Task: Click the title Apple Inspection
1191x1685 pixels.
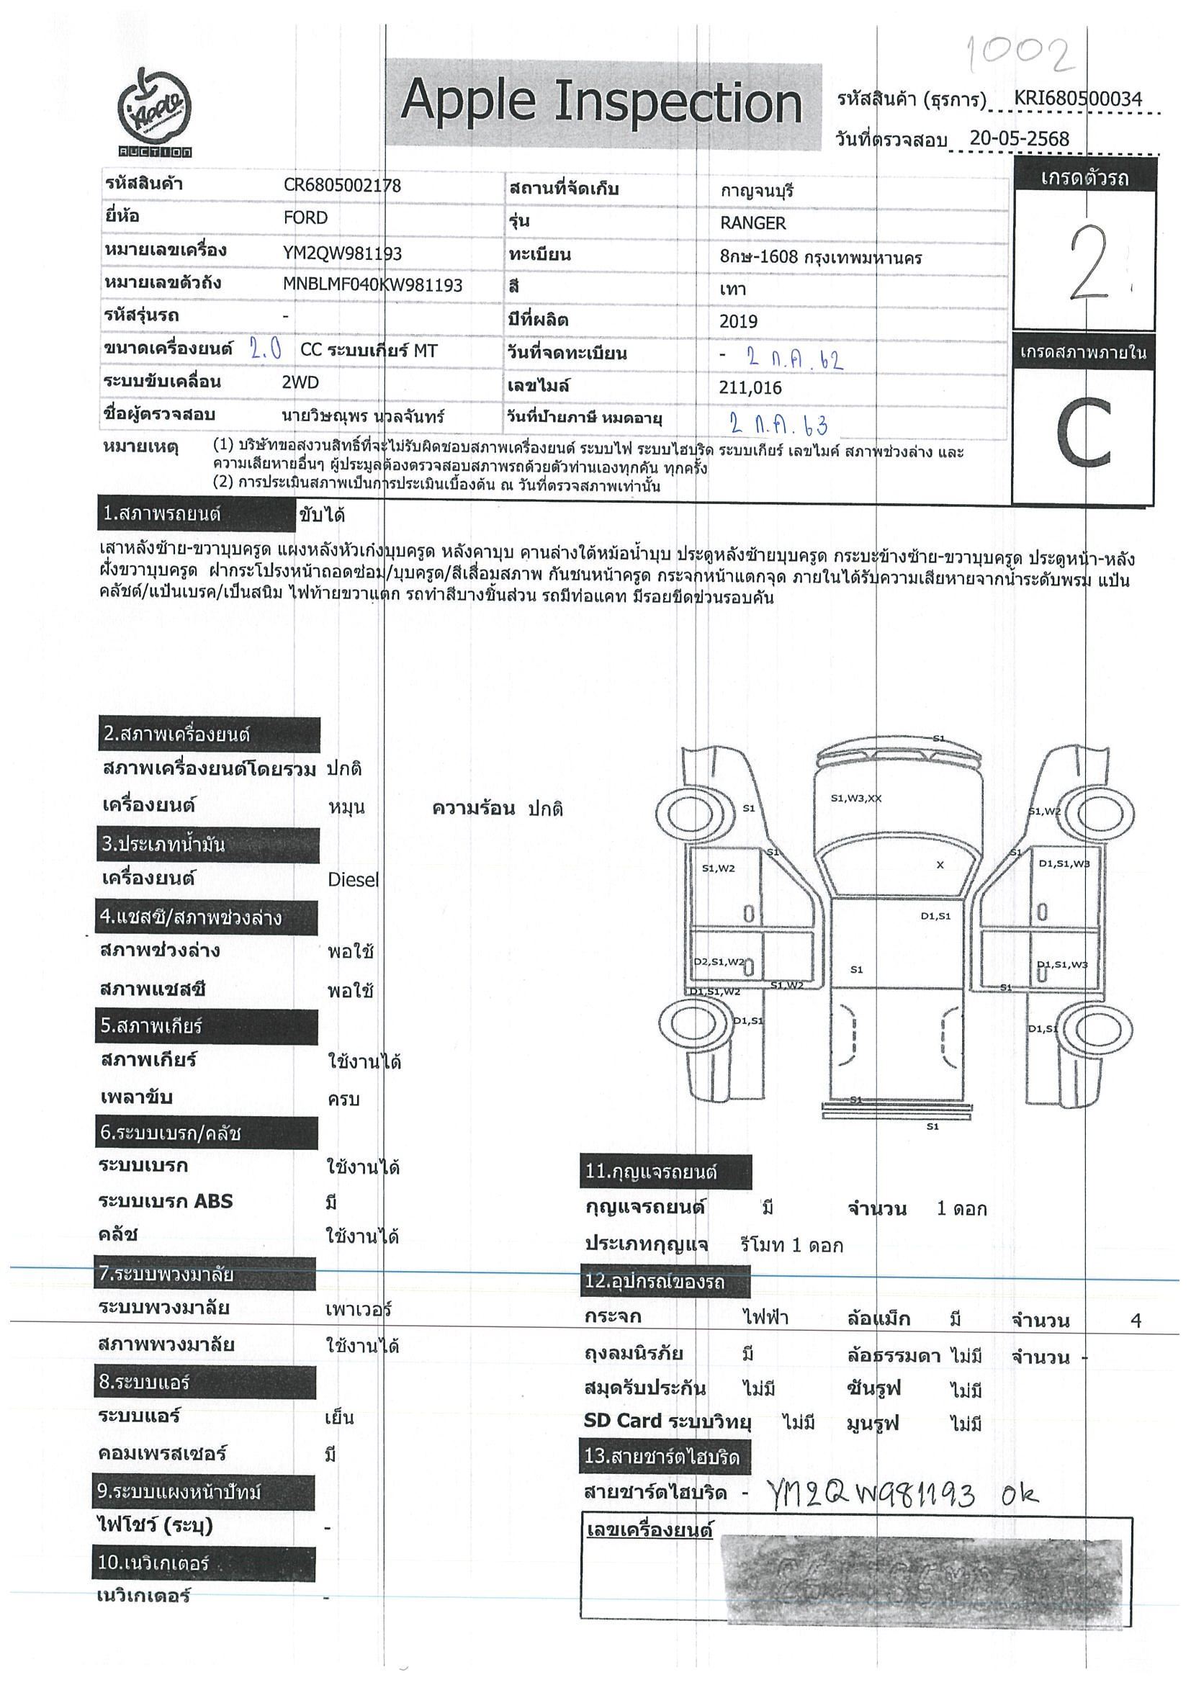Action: (601, 102)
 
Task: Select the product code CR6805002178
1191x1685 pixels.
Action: (342, 186)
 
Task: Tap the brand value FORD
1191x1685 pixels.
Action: (305, 218)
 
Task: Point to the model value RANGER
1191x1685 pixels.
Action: (752, 223)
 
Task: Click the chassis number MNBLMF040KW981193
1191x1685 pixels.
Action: (373, 285)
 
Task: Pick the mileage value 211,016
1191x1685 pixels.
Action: (750, 387)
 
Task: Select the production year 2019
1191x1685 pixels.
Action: (738, 321)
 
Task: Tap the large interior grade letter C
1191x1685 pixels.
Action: (1084, 433)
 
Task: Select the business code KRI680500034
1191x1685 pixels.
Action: (1078, 99)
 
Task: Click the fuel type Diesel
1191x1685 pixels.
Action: (353, 879)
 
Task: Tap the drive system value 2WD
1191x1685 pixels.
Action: (300, 382)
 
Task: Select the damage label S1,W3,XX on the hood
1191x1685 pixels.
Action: (855, 799)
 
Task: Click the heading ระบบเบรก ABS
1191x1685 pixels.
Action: (166, 1201)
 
